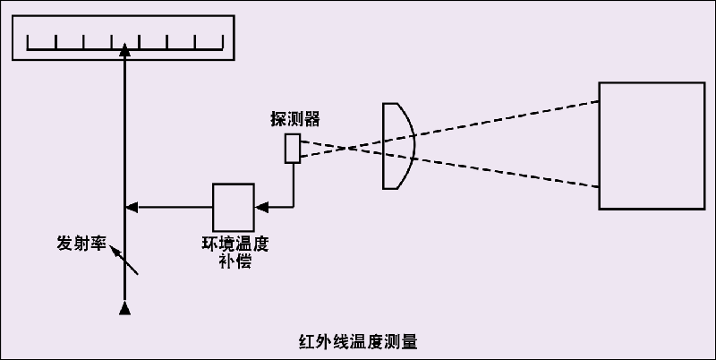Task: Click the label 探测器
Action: click(x=294, y=119)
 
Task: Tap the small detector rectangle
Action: click(x=293, y=149)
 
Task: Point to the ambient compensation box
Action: click(x=233, y=207)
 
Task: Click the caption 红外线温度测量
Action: click(x=358, y=341)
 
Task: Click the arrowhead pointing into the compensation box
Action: click(x=260, y=207)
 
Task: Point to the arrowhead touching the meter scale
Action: click(x=125, y=50)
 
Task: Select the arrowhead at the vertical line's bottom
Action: click(x=125, y=309)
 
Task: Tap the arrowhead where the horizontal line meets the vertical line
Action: click(x=131, y=207)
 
